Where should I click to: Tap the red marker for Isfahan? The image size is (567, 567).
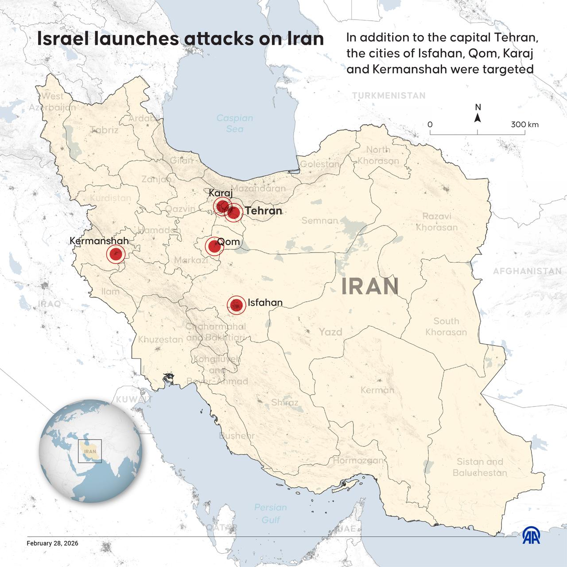237,305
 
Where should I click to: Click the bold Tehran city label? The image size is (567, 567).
264,211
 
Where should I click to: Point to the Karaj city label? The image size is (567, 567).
220,194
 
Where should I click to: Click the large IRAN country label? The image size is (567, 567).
370,287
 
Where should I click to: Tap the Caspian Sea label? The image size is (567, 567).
234,124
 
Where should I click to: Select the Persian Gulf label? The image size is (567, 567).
270,513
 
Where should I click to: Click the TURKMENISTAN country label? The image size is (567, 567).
389,96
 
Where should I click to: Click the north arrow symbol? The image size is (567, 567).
478,117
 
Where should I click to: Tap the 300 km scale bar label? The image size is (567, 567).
524,124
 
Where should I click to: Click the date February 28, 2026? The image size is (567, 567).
52,543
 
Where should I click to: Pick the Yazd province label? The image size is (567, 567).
330,332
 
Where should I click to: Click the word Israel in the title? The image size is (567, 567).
62,39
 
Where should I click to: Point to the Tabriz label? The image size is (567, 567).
104,130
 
